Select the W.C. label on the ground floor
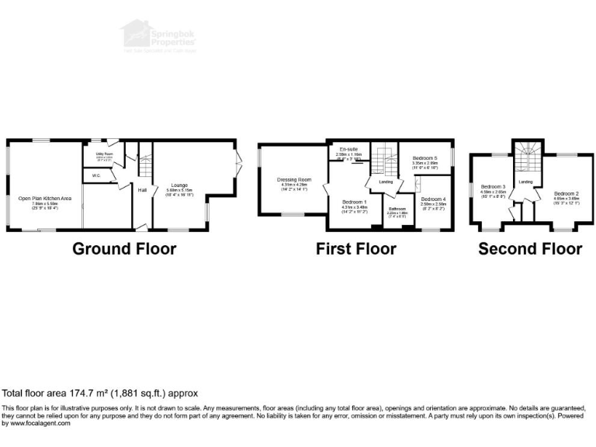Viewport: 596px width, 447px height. [x=96, y=176]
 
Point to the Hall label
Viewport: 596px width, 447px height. [x=143, y=190]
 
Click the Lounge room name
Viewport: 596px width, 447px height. [x=178, y=185]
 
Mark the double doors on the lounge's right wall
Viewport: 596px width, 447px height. [x=237, y=164]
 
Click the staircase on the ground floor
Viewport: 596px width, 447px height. [x=144, y=165]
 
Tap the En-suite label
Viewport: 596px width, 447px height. [x=348, y=149]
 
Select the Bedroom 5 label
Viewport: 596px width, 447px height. [x=425, y=158]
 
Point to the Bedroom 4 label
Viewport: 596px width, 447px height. [x=433, y=199]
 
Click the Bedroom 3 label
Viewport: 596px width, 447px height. [x=493, y=187]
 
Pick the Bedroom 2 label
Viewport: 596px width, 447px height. [x=566, y=193]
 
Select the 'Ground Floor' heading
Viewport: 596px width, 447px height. [x=124, y=249]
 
